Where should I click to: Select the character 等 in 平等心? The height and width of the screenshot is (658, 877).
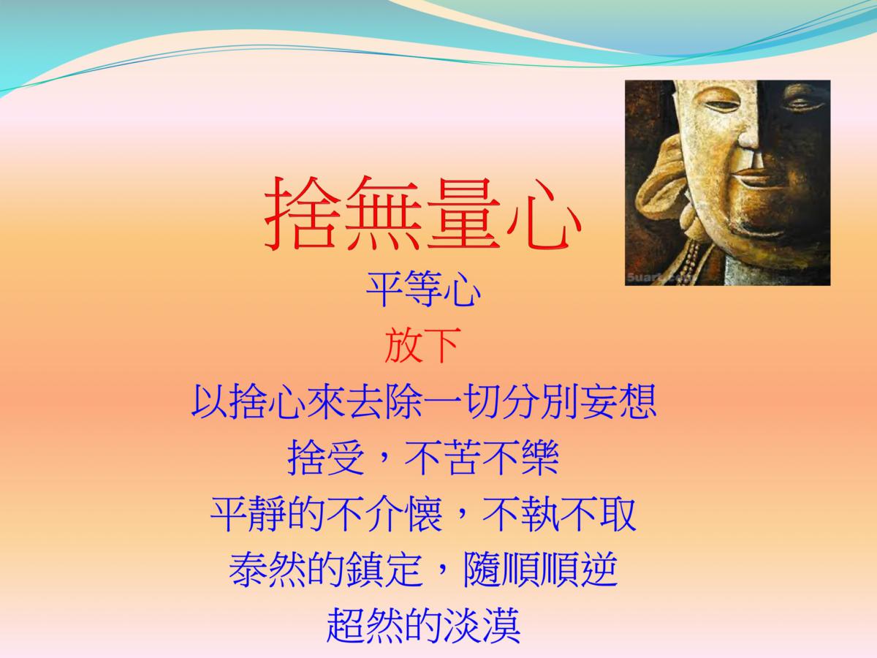pos(423,290)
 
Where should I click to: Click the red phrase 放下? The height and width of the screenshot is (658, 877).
pos(422,345)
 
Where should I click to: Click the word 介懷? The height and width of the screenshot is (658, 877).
pos(404,513)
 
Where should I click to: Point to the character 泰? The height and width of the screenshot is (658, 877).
pos(248,570)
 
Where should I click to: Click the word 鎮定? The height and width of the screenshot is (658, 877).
pos(384,570)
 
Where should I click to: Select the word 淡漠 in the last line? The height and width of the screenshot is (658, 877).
pos(482,625)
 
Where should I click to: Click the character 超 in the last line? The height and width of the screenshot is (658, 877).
pos(345,625)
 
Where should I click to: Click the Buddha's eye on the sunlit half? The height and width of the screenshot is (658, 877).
pos(721,105)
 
